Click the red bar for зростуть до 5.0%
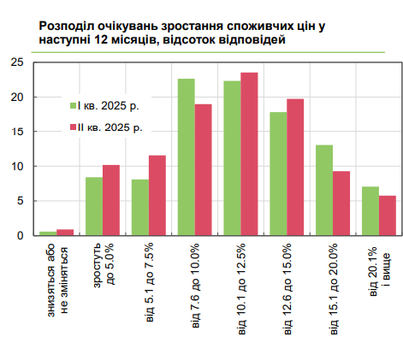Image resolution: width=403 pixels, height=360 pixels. (111, 200)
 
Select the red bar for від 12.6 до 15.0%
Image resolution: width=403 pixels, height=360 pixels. (295, 167)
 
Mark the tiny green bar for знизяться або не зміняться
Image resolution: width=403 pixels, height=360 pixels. (48, 233)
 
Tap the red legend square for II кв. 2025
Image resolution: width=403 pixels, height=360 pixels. (73, 127)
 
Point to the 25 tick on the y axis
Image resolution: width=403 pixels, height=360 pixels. (18, 62)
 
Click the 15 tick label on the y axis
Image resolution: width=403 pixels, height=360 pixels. (18, 132)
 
